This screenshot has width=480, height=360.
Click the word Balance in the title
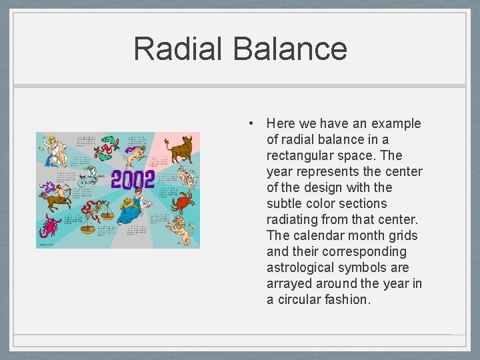[290, 49]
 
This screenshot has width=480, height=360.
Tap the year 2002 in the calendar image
[133, 179]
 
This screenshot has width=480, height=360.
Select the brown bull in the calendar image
[179, 148]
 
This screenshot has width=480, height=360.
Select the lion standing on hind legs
[182, 227]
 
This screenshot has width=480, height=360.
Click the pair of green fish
[107, 148]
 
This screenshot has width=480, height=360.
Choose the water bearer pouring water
[53, 151]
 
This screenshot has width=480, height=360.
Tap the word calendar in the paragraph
[315, 235]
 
